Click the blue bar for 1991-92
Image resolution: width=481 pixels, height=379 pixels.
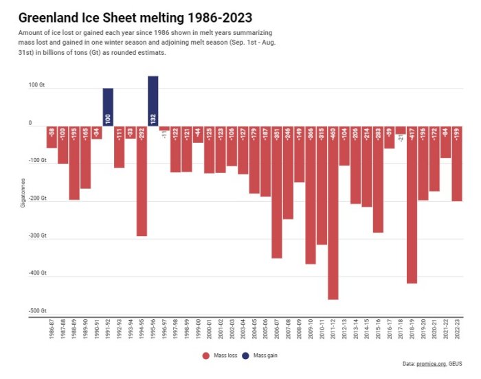point(108,106)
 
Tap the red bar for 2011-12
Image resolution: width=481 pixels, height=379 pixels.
point(333,213)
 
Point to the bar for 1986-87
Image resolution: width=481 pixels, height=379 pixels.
point(52,137)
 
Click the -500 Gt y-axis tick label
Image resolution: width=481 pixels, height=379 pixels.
point(38,310)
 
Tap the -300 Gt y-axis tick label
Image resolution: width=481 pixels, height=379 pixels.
point(38,236)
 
